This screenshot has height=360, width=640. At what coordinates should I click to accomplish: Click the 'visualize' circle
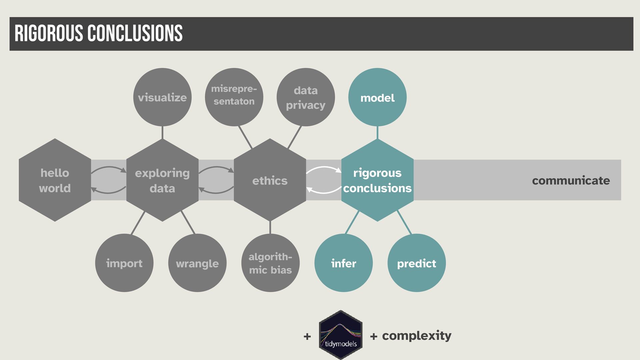(162, 97)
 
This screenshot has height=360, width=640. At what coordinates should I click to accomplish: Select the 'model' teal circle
(377, 97)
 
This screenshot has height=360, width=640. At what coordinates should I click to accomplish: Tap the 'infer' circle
(343, 263)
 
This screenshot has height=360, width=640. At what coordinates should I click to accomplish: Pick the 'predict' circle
(416, 263)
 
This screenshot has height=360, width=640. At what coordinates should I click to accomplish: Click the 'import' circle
(124, 263)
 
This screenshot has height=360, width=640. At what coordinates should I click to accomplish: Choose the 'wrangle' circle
(197, 263)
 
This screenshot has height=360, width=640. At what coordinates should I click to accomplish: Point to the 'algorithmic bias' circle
(270, 263)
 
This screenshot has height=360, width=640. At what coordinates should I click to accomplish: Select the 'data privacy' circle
(306, 97)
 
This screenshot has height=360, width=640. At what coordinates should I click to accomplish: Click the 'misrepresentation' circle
(234, 97)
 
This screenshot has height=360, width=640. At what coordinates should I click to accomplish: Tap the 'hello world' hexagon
(55, 180)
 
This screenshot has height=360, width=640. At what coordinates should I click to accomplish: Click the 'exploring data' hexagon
(162, 180)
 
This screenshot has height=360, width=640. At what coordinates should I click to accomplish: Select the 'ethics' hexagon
(270, 180)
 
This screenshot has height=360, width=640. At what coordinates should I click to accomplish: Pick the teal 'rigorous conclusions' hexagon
(377, 180)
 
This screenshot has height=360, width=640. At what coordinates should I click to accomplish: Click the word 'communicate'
(571, 180)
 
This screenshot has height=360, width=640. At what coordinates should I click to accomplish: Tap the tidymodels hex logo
(340, 335)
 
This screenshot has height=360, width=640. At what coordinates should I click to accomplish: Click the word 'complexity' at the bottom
(417, 335)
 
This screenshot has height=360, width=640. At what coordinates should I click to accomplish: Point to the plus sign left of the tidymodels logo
(307, 336)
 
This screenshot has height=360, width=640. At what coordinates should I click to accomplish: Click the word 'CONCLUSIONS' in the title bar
(135, 33)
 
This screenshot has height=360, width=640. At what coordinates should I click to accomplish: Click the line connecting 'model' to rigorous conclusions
(377, 133)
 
